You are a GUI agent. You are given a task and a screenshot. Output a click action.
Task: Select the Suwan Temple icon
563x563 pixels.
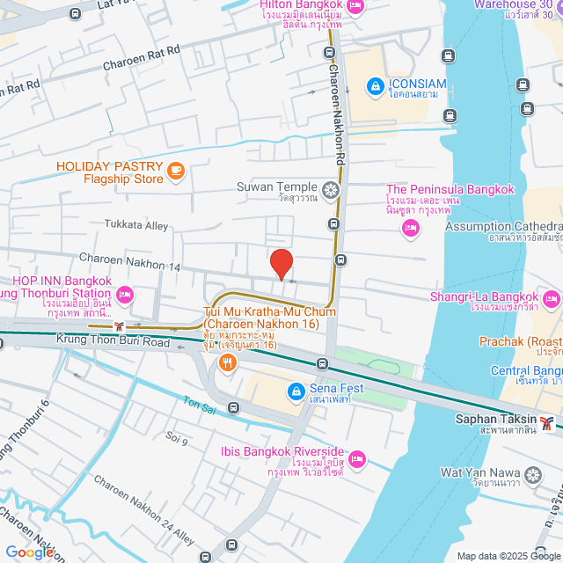click(330, 188)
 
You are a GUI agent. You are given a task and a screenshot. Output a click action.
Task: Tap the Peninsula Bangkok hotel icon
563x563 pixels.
click(409, 229)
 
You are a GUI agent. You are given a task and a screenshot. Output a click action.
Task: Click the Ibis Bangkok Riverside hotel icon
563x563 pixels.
click(358, 458)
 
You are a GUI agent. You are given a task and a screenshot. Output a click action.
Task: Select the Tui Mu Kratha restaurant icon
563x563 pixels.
click(227, 362)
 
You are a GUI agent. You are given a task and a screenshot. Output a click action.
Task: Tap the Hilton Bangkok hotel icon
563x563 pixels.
click(355, 6)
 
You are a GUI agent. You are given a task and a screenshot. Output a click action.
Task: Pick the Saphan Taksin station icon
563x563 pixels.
click(548, 423)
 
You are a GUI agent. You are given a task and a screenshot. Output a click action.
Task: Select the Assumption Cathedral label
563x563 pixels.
click(503, 227)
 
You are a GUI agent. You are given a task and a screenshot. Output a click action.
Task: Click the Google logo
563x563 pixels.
click(28, 552)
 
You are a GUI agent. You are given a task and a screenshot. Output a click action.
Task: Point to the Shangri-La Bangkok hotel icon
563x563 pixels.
click(552, 299)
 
